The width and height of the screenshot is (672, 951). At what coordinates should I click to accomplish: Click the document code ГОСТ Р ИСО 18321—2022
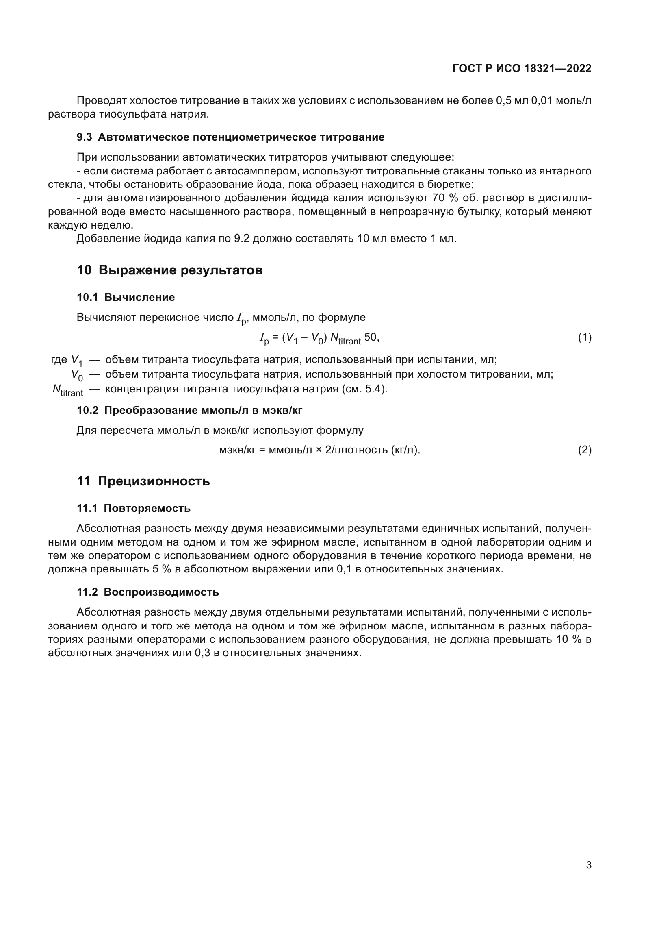click(522, 68)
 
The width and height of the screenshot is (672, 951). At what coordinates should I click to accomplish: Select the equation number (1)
click(584, 337)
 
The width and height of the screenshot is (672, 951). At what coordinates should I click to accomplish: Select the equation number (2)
click(584, 450)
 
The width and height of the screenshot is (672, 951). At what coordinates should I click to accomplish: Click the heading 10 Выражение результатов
click(170, 270)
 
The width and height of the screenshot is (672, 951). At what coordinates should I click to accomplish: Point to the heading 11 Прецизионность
click(143, 481)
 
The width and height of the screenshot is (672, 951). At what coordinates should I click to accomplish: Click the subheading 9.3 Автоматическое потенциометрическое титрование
click(230, 137)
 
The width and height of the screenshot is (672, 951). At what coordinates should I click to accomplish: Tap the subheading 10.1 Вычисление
click(126, 297)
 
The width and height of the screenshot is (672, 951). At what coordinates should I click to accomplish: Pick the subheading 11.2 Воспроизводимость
click(148, 592)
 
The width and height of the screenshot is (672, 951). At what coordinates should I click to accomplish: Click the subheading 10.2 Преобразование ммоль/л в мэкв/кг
click(189, 410)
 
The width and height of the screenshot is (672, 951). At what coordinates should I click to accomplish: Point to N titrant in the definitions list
click(67, 390)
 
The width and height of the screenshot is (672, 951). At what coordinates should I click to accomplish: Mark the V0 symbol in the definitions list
click(77, 375)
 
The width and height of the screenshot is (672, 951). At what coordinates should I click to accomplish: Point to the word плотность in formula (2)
click(362, 450)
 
